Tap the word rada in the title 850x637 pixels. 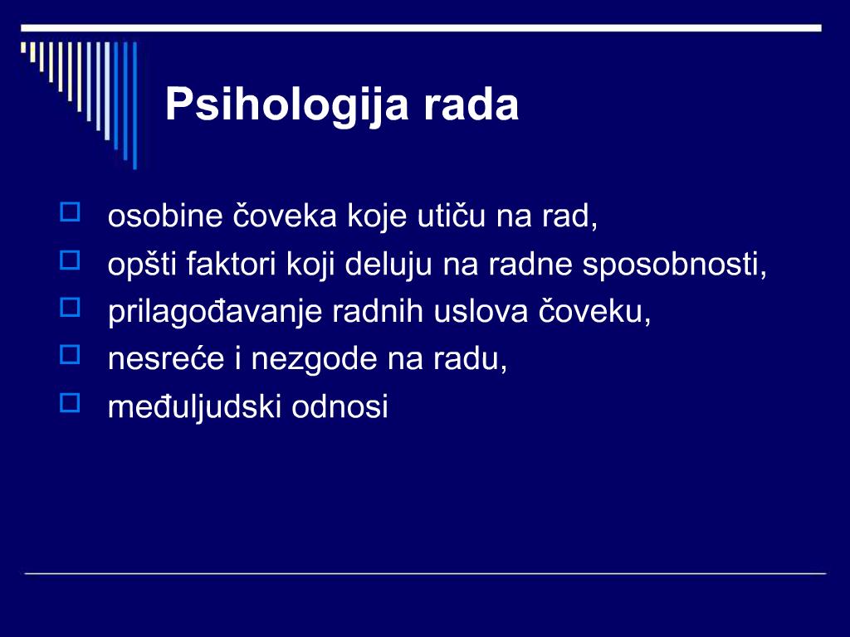pos(471,104)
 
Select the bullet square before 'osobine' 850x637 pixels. pos(70,212)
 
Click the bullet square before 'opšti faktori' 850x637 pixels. pos(70,260)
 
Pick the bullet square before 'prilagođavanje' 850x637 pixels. pos(70,307)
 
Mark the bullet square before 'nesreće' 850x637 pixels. pos(70,355)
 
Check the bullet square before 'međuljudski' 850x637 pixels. pos(70,402)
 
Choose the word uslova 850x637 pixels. pos(481,312)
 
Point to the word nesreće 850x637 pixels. pos(166,359)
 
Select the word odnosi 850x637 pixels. pos(340,406)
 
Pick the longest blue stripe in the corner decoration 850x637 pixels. pos(135,105)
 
